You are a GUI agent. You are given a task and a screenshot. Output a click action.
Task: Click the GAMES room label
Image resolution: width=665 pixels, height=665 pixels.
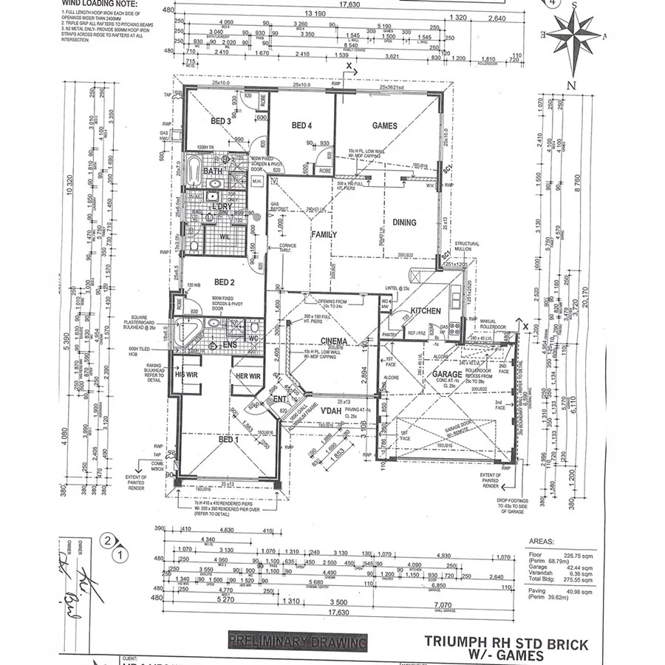tap(384, 126)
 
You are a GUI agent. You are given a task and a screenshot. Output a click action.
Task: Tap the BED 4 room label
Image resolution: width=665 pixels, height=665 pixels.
tap(302, 125)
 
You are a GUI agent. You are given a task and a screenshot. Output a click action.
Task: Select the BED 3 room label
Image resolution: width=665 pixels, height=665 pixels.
tap(221, 121)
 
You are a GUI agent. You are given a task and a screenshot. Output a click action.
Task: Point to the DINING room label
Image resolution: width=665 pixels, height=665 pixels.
tap(404, 222)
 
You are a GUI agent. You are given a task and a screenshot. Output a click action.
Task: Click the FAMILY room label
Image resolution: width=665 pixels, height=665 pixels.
tap(324, 234)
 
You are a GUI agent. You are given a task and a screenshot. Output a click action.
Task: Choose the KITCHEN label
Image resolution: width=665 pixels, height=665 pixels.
tap(426, 311)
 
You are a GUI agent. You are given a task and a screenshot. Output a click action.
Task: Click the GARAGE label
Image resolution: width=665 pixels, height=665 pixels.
tap(447, 375)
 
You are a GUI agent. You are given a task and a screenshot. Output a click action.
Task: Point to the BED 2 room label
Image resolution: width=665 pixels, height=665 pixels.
tap(224, 282)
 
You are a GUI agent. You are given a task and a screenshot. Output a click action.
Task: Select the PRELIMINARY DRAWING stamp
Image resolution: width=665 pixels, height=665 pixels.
tap(297, 641)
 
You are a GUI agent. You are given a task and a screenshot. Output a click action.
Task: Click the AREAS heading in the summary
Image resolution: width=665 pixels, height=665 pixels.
tap(543, 541)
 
